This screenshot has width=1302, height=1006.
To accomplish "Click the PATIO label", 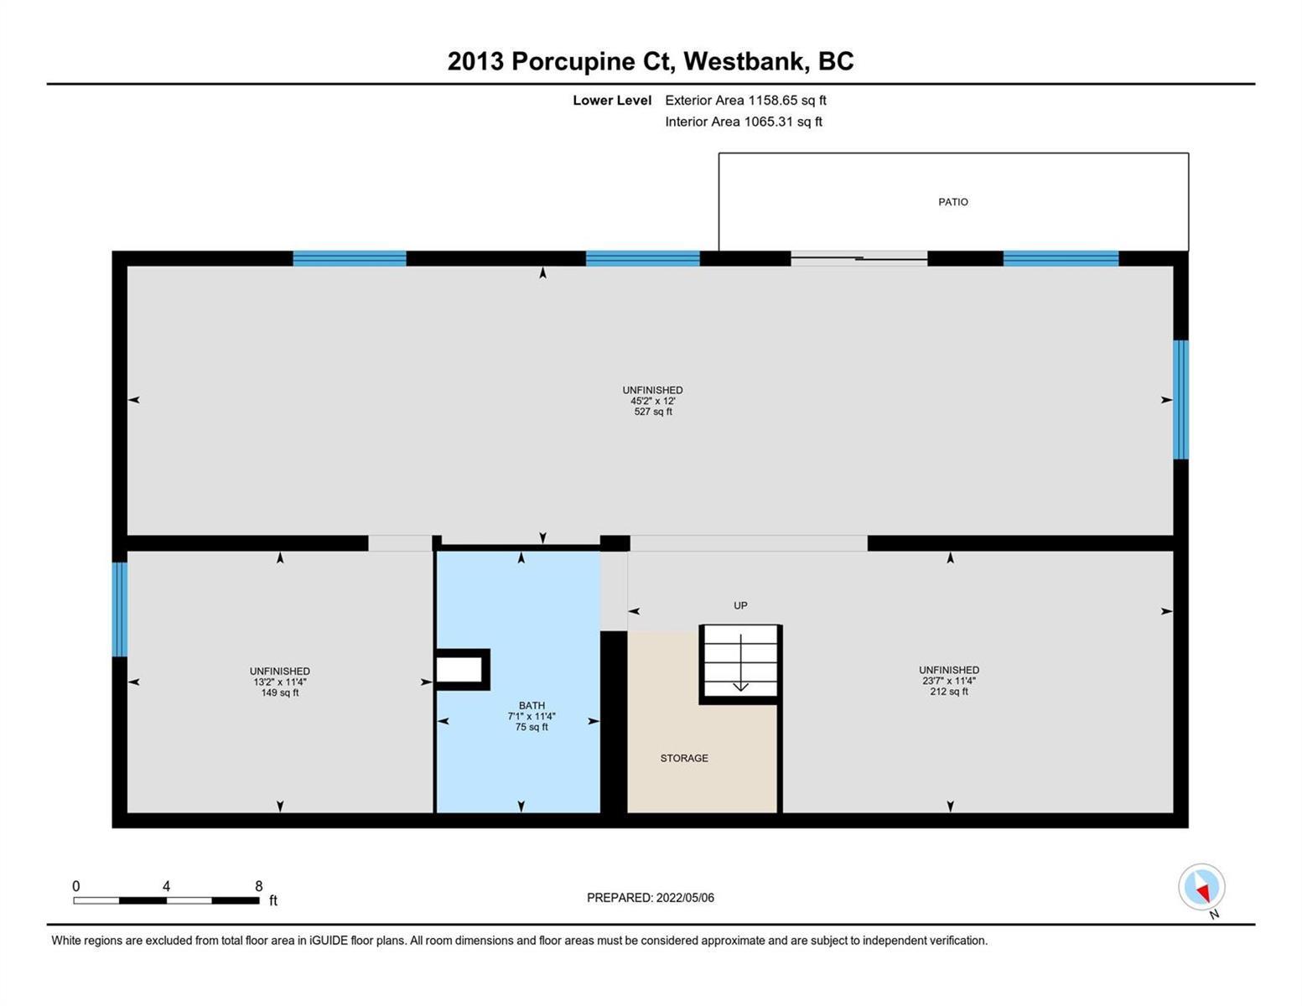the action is tap(952, 202).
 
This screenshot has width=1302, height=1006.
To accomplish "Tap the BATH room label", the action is tap(532, 705).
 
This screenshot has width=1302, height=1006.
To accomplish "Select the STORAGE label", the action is tap(683, 758).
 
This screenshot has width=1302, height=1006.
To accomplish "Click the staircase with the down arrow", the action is tap(740, 663).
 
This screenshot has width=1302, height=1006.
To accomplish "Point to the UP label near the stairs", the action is tap(740, 605).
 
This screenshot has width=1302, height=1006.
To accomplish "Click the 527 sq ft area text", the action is tap(652, 412).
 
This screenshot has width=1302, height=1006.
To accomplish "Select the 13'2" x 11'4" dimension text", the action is tap(280, 682).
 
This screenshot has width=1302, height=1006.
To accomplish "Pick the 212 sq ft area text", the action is tap(948, 692).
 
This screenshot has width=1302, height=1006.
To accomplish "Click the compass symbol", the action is tap(1201, 887).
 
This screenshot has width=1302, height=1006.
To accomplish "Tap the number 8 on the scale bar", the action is tap(259, 886).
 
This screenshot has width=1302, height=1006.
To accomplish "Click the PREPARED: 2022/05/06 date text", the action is tap(650, 898).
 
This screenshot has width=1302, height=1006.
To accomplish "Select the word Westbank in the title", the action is tap(744, 61).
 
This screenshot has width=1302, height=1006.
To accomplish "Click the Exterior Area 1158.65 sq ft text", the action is tap(745, 100).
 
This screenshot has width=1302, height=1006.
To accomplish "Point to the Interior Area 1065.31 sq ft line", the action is tap(744, 122).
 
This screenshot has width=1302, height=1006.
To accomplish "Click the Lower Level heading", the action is tap(612, 100).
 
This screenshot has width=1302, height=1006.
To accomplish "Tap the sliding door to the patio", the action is tap(859, 259).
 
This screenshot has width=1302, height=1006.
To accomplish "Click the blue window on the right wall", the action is tap(1180, 400).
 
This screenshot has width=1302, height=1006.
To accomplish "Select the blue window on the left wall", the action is tap(120, 609).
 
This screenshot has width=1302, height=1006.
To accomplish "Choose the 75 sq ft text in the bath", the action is tap(532, 727).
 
